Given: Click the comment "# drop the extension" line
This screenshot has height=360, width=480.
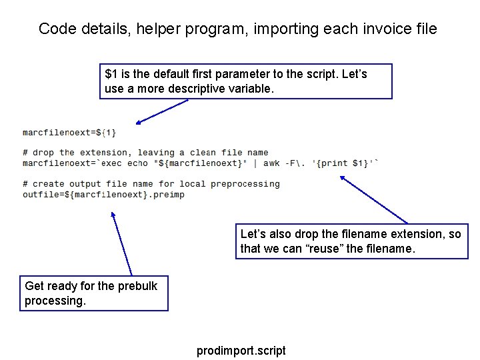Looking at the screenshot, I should click(x=145, y=153).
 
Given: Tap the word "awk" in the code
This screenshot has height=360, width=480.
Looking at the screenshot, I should click(x=272, y=163).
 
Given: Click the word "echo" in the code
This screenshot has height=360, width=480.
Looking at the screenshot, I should click(x=137, y=163).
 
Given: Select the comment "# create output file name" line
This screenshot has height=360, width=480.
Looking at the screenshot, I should click(x=151, y=184).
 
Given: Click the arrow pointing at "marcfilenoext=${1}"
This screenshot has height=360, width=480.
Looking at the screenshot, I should click(x=162, y=111).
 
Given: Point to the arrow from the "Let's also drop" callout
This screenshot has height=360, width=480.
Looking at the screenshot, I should click(x=373, y=199).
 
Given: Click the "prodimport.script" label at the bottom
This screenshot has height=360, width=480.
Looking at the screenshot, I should click(x=241, y=351).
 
